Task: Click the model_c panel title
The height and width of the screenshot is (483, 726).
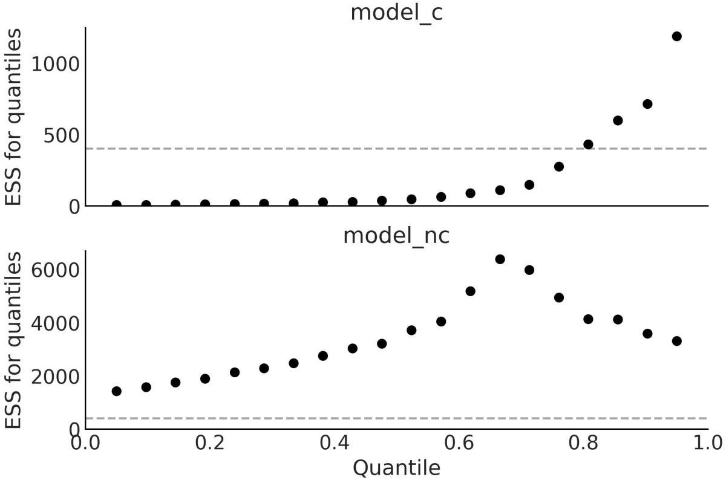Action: [396, 12]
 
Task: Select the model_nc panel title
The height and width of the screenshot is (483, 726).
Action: [396, 235]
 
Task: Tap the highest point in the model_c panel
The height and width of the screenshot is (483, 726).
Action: [676, 36]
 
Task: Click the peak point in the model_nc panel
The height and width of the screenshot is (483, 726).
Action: [500, 259]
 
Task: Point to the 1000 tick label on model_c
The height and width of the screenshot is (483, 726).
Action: [56, 63]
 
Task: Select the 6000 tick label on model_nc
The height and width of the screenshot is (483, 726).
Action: [56, 270]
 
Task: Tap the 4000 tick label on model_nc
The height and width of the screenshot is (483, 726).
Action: [56, 323]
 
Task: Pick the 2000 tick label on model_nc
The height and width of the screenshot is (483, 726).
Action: [56, 377]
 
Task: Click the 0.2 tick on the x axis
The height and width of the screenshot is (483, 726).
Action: [209, 442]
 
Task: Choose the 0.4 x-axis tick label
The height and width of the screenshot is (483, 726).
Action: [334, 442]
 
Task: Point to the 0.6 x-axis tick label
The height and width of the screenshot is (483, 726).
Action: [459, 442]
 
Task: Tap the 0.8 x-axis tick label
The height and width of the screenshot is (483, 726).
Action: [583, 442]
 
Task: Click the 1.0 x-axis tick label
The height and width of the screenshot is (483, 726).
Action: [707, 442]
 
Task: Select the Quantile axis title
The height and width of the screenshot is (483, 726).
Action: [396, 467]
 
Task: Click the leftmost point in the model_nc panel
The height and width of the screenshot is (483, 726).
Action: [116, 391]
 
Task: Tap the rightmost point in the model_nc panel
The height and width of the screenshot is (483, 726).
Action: [676, 341]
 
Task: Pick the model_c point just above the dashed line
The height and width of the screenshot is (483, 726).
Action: [588, 144]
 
